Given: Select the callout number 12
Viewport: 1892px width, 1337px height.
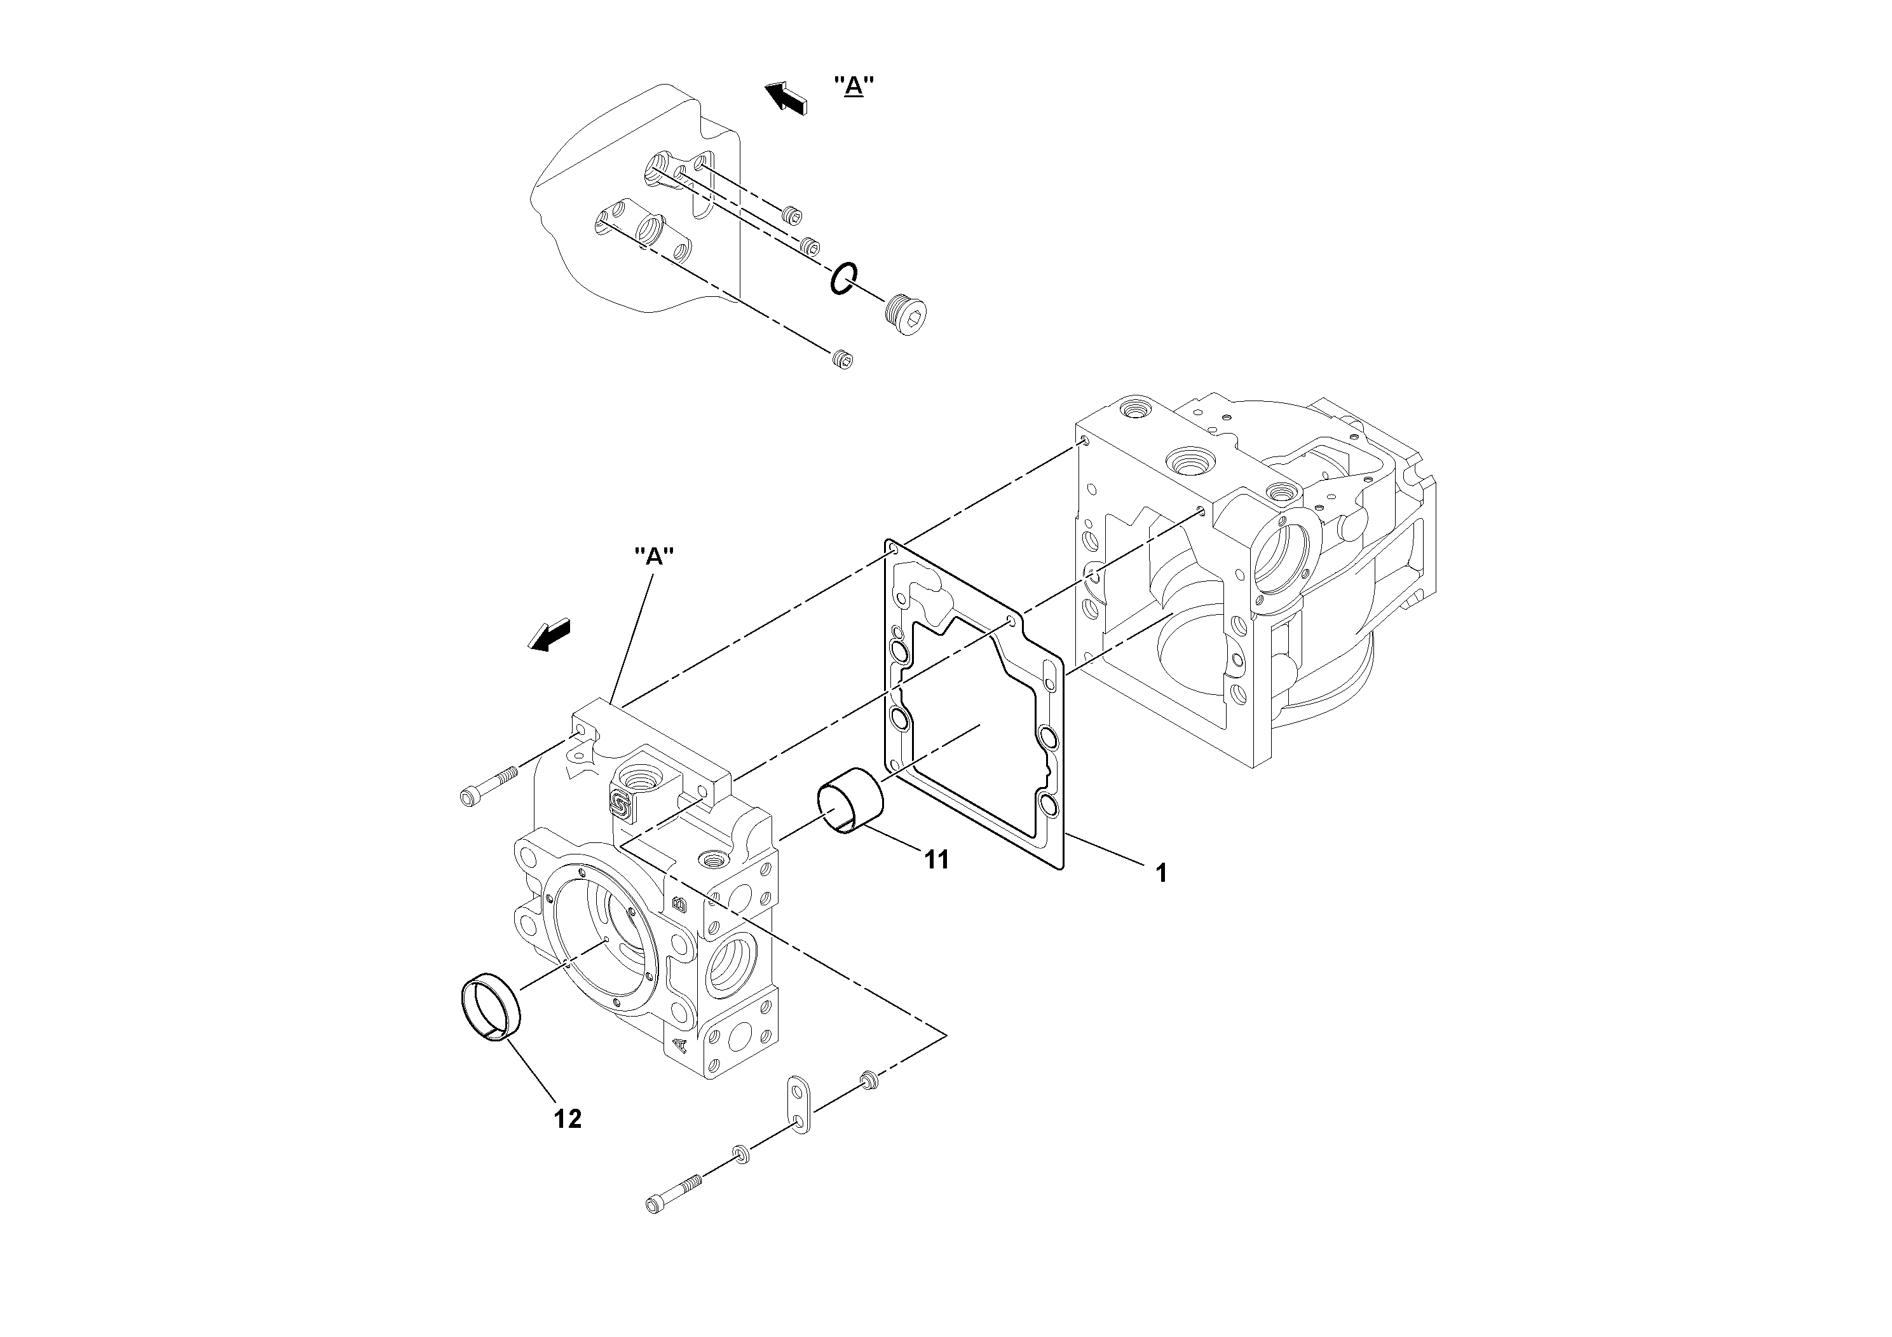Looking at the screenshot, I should pos(568,1118).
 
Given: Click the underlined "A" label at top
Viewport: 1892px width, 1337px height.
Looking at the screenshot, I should pos(854,86).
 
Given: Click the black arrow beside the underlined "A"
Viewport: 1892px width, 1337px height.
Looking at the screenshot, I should pos(786,97).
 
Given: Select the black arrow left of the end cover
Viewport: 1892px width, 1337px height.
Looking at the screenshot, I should pos(550,636).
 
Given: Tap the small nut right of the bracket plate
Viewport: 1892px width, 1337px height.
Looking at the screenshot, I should pos(868,1079).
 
